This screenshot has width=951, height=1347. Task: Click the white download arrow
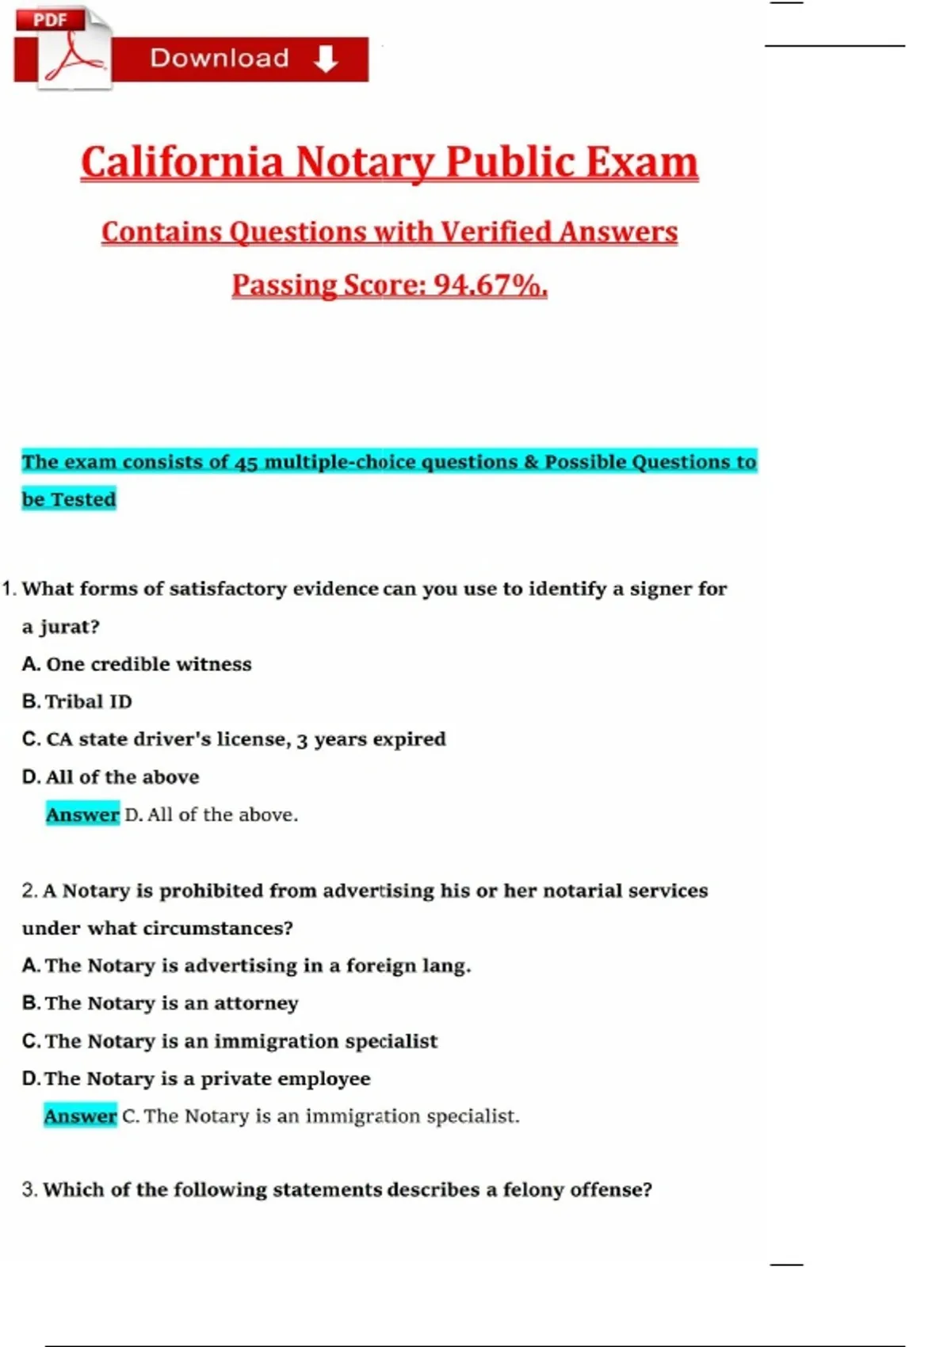[x=326, y=59]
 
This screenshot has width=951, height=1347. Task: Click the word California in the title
[x=181, y=162]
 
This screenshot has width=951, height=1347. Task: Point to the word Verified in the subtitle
[x=495, y=231]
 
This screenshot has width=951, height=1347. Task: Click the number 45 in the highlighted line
[x=246, y=462]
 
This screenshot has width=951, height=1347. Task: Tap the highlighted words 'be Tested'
[x=69, y=499]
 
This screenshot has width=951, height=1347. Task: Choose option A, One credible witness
[x=137, y=664]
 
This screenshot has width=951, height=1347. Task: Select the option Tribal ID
[x=78, y=701]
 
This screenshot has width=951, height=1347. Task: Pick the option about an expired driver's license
[x=235, y=739]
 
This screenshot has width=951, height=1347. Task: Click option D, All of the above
[x=111, y=777]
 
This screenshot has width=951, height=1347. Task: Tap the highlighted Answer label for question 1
[x=82, y=815]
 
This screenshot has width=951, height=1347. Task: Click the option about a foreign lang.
[x=246, y=966]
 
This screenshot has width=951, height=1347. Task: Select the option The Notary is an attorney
[x=161, y=1003]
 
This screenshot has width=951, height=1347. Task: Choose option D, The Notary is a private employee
[x=197, y=1078]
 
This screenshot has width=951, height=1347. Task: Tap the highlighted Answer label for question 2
[x=80, y=1116]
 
